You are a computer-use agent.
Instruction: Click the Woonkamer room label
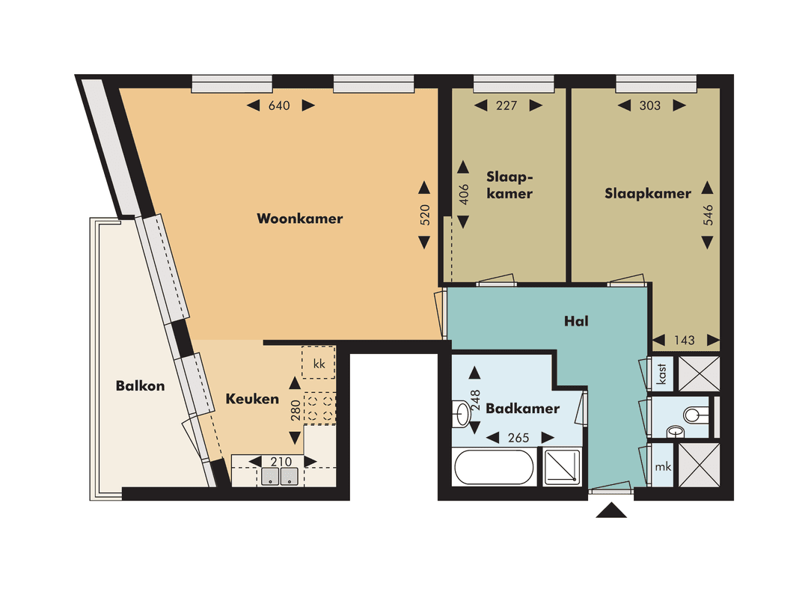(x=299, y=219)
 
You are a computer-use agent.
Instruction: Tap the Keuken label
(x=252, y=400)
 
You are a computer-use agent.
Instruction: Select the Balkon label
(x=140, y=386)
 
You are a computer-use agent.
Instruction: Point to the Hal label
(x=576, y=321)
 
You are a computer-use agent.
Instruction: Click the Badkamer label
(x=522, y=409)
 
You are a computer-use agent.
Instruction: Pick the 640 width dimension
(x=279, y=106)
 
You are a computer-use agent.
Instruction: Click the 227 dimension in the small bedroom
(x=506, y=106)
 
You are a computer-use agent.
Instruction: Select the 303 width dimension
(x=650, y=106)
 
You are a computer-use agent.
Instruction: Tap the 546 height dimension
(x=708, y=215)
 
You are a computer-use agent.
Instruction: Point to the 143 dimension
(x=684, y=341)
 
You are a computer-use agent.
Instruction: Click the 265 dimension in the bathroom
(x=519, y=438)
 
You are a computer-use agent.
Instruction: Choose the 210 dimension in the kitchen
(x=281, y=462)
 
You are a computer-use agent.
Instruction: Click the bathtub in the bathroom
(x=493, y=467)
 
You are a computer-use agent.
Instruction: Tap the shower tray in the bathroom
(x=563, y=467)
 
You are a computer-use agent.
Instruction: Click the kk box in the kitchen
(x=318, y=364)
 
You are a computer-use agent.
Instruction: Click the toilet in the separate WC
(x=696, y=413)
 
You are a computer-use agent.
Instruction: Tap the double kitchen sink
(x=279, y=477)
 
